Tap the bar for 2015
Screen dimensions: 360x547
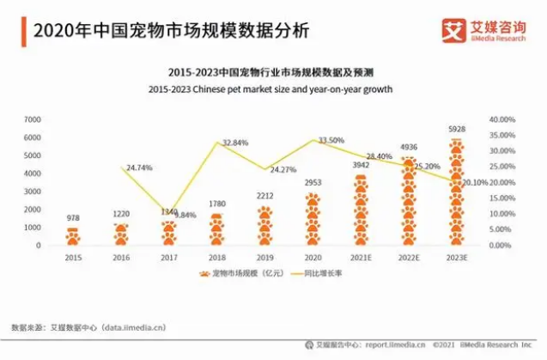73,236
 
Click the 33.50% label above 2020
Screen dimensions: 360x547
331,140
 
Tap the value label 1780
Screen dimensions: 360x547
217,204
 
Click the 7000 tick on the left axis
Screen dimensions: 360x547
33,119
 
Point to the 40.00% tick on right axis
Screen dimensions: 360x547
501,119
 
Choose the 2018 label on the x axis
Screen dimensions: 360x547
217,257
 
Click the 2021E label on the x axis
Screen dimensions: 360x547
362,257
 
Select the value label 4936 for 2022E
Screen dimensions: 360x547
410,148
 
